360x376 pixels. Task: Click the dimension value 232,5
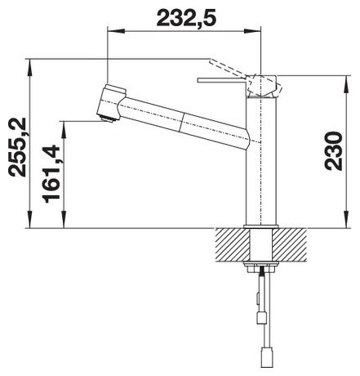pos(186,18)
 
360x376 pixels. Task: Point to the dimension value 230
pos(334,151)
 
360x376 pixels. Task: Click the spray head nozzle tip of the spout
pos(108,119)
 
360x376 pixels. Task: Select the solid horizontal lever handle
pos(222,80)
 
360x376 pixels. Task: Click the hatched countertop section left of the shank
pos(233,244)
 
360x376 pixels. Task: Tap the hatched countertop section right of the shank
pos(289,244)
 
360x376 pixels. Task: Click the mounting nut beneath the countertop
pos(261,266)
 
